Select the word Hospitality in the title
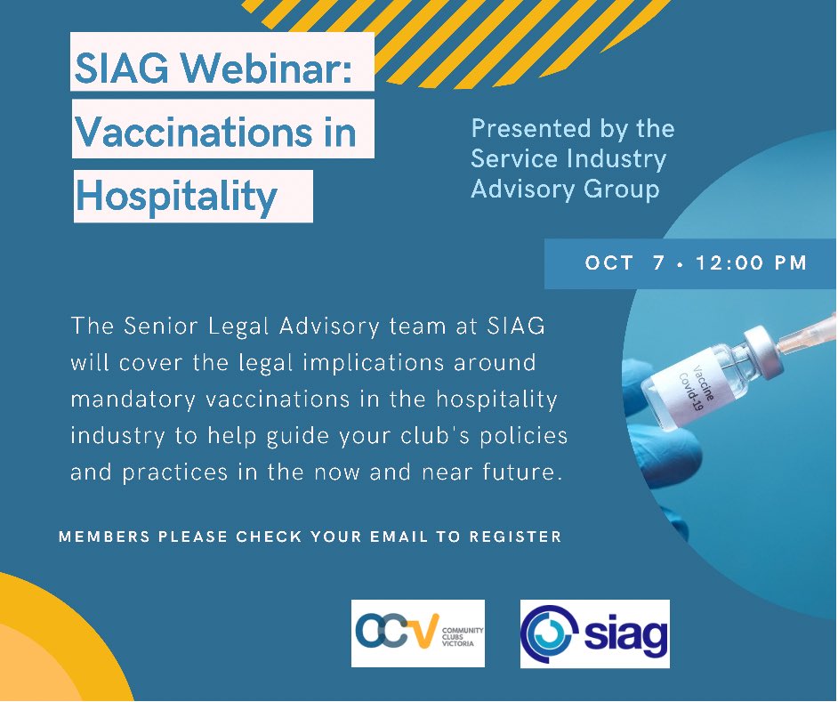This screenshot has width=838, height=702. pos(175,196)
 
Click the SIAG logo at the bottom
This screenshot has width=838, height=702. pos(594,633)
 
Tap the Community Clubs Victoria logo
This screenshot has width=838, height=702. pos(417,633)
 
